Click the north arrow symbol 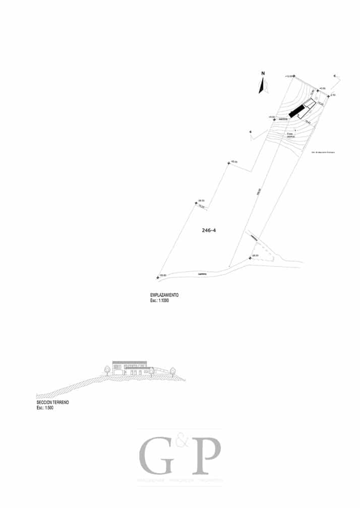tap(262, 86)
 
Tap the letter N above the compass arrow tap(263, 74)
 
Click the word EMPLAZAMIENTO tap(164, 295)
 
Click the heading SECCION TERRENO tap(52, 403)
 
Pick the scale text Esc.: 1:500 tap(45, 408)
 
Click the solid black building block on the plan tap(298, 111)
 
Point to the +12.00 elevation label tap(289, 76)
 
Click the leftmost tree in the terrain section tap(107, 370)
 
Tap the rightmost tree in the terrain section tap(172, 370)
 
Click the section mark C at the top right tap(334, 76)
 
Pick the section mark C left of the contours tap(251, 133)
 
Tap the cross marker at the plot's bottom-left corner tap(158, 277)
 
